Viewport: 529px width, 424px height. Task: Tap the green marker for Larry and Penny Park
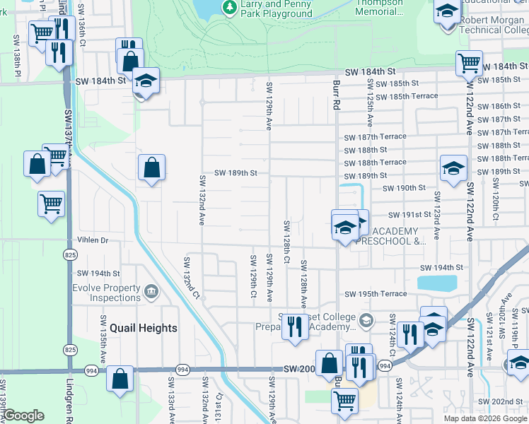(x=229, y=7)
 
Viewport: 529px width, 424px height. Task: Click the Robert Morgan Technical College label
(x=493, y=25)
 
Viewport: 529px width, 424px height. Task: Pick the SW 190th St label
(x=404, y=188)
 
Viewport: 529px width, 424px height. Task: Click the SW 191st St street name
(x=409, y=215)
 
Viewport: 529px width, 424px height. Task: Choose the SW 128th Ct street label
(x=287, y=242)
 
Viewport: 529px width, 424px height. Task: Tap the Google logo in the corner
(x=23, y=416)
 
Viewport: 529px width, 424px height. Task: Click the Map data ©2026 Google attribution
(x=485, y=418)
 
